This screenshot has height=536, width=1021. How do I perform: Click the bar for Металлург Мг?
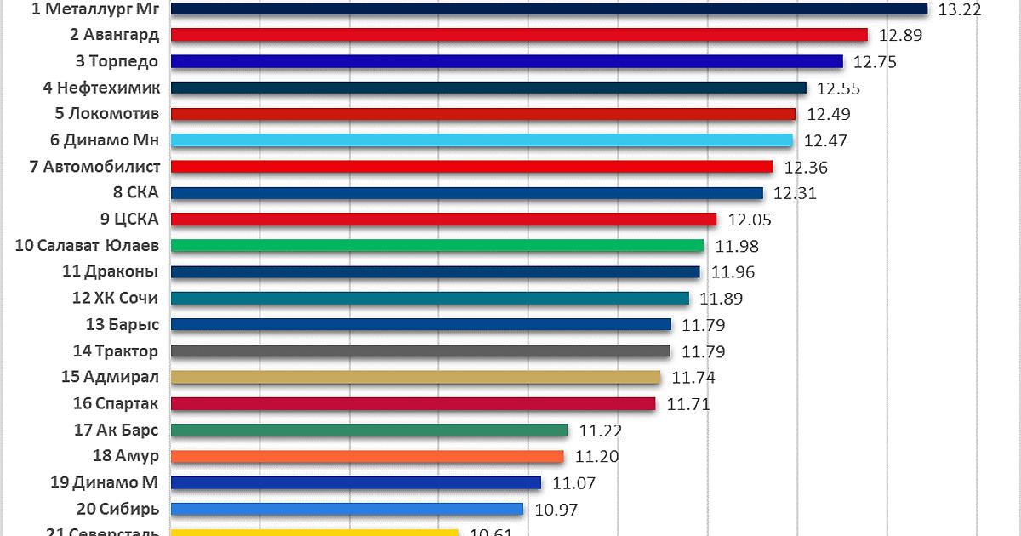click(x=549, y=9)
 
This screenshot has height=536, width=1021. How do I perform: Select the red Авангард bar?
click(x=519, y=35)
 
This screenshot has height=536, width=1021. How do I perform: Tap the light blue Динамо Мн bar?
click(x=482, y=140)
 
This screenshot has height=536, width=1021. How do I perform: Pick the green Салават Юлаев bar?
click(x=437, y=246)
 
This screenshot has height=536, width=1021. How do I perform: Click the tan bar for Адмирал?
click(x=415, y=377)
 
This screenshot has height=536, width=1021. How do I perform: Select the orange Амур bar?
click(x=368, y=456)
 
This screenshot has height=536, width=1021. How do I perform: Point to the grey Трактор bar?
click(x=420, y=351)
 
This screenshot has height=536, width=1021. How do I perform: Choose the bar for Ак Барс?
click(x=369, y=430)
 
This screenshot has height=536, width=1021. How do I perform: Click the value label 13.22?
click(x=960, y=10)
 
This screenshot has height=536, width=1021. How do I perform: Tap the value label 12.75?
click(x=875, y=62)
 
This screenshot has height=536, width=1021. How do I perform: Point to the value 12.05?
click(x=750, y=220)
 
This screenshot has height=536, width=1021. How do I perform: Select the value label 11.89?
click(x=721, y=299)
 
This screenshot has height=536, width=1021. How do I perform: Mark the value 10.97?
click(x=555, y=509)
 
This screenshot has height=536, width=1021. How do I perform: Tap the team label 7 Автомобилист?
click(x=94, y=167)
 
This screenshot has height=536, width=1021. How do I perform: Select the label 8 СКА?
click(x=135, y=193)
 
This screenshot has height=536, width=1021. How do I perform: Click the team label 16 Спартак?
click(x=116, y=403)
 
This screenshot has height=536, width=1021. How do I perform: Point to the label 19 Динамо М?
click(x=104, y=482)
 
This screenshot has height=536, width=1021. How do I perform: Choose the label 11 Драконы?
click(x=110, y=272)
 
